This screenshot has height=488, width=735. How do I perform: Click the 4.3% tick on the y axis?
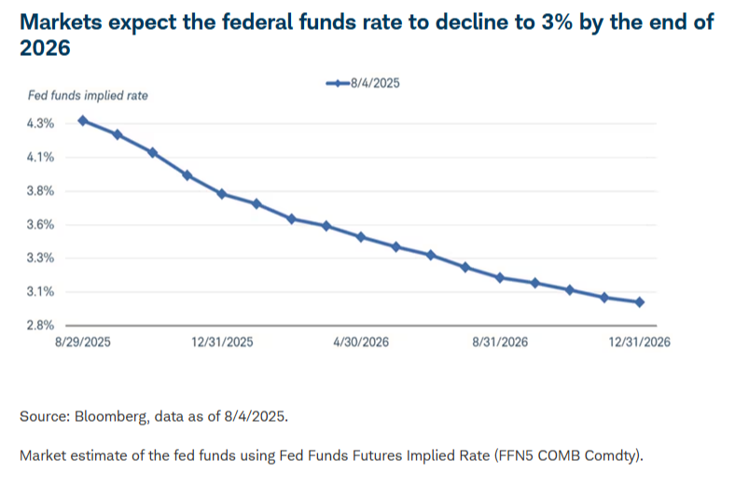[40, 124]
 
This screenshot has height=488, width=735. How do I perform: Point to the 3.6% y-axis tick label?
[40, 225]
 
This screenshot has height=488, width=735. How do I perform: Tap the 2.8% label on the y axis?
[40, 326]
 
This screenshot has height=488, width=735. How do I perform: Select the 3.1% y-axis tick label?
[40, 292]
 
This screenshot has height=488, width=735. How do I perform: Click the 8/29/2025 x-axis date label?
[83, 342]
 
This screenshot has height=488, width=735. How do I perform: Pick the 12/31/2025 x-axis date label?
[222, 342]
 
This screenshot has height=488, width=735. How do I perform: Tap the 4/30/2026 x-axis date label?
[361, 342]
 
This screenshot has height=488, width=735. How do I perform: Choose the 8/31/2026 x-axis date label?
[500, 342]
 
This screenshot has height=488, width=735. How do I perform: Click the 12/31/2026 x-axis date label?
[639, 342]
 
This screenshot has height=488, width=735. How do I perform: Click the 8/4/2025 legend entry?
[363, 83]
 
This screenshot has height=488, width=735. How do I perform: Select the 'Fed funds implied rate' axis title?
[88, 95]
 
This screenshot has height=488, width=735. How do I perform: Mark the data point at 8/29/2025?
[83, 121]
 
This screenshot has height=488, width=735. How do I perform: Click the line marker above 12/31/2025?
[222, 194]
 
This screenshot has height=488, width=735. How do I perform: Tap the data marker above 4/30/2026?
[361, 237]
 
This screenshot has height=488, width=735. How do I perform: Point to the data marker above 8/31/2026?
[500, 278]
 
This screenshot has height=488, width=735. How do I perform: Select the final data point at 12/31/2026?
[639, 302]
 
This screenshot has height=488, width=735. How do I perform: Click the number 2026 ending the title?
[45, 48]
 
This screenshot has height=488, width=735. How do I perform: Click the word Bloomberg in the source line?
[112, 416]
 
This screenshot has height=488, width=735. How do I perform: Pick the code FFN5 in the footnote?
[514, 455]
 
